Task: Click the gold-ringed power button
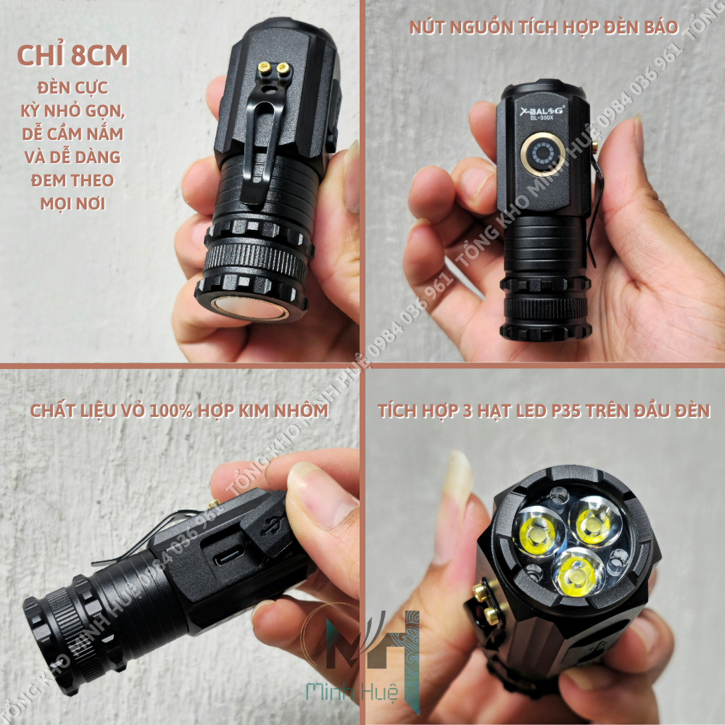pyautogui.click(x=541, y=153)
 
